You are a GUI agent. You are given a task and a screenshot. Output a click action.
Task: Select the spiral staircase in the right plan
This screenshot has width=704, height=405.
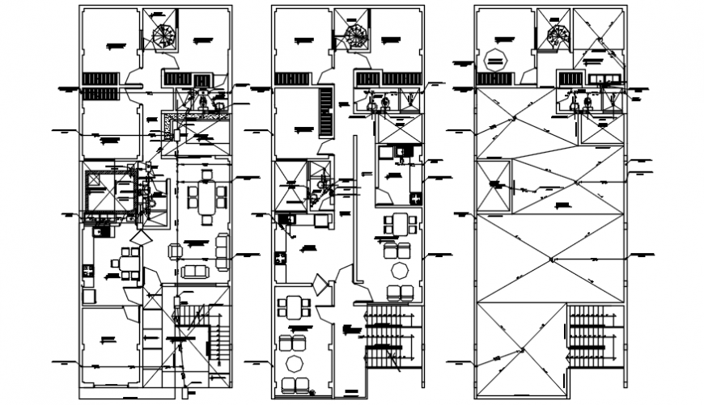pos(558,36)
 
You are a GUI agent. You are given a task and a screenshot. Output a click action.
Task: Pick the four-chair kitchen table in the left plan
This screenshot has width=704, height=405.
pos(129,261)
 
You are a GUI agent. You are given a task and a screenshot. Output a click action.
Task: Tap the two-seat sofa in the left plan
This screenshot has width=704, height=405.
pos(194,271)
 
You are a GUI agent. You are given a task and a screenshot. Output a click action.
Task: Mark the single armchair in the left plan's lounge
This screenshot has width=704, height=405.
pos(173,251)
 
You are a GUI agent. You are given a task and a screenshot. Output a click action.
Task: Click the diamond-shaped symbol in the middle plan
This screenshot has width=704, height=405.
pos(321,285)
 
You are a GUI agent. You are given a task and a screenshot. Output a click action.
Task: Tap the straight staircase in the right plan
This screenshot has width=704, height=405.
pos(595,335)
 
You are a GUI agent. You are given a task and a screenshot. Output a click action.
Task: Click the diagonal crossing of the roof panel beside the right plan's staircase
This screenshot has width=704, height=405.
pos(523,348)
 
